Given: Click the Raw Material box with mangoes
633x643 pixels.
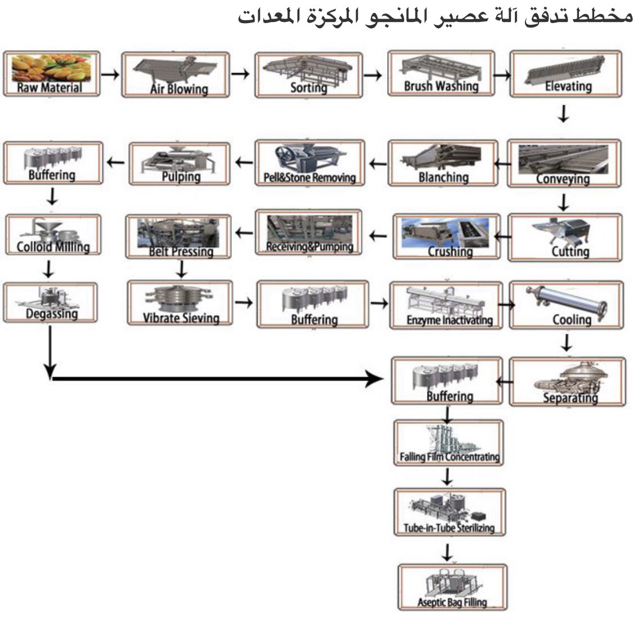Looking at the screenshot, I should (51, 74).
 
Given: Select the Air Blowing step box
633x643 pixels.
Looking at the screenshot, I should (175, 75).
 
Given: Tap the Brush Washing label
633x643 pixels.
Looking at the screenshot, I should (441, 86).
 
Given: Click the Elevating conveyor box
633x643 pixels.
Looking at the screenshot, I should (566, 74).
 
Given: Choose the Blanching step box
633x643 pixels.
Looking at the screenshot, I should (443, 163).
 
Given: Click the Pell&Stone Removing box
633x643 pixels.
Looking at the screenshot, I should (309, 163).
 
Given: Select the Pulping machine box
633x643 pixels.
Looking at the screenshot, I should (179, 163).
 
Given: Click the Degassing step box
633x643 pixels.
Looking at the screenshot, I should (51, 302).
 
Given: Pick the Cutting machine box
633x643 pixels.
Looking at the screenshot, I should (565, 237).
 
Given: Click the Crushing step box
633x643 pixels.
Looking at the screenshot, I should (446, 236).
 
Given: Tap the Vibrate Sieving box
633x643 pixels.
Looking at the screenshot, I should (180, 304).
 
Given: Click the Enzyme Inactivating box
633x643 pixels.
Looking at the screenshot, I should (446, 306).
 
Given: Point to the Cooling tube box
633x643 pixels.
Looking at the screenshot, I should (567, 305).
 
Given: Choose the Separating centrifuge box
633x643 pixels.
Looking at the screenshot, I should (567, 381).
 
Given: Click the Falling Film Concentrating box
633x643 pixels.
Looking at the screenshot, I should (448, 443).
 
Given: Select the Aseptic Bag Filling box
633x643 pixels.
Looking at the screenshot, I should (452, 587).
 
